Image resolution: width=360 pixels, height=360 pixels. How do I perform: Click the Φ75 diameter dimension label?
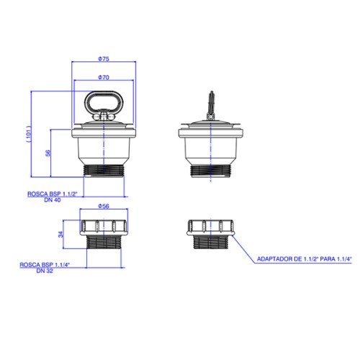tap(104, 59)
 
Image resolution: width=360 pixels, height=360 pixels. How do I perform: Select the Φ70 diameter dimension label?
tap(104, 77)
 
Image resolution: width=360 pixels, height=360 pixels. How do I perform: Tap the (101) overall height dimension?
tap(29, 134)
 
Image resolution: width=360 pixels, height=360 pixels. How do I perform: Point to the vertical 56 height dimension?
tap(48, 153)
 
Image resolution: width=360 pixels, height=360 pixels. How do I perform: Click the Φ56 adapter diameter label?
tap(104, 206)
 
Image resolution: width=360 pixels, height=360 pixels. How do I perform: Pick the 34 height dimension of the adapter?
tap(60, 234)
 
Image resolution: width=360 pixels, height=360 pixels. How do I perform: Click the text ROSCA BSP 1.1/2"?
tap(53, 194)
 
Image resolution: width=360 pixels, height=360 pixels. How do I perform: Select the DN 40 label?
tap(53, 200)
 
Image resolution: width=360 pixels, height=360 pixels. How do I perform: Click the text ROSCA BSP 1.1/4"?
tap(45, 265)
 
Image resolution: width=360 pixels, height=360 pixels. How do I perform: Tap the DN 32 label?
tap(45, 271)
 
